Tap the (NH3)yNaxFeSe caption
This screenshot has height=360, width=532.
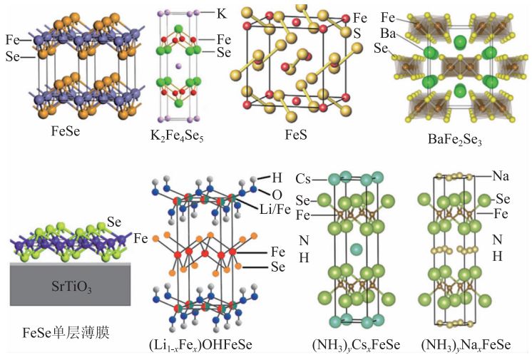(x=466, y=345)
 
